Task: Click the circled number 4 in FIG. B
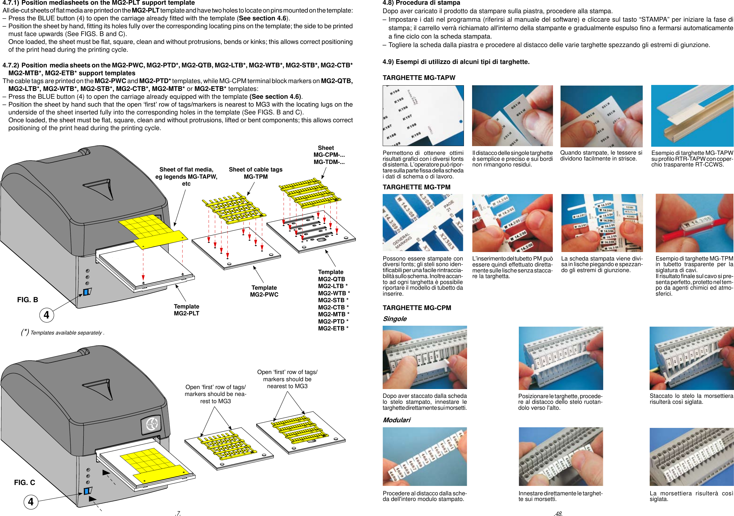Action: point(47,315)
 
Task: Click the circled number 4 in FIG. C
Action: point(31,502)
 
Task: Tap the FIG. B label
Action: point(28,300)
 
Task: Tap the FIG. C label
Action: point(24,482)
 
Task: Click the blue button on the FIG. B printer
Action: point(86,292)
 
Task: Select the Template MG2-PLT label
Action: point(186,310)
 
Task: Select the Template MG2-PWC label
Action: point(264,291)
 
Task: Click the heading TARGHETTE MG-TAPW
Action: point(419,78)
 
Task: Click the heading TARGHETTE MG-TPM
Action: point(416,187)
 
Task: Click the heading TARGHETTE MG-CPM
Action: point(417,308)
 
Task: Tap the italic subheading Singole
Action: point(395,319)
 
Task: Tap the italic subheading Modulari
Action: point(396,420)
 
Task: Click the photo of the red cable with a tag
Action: point(694,223)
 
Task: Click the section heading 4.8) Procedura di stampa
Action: point(421,3)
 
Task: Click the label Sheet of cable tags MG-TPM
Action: point(255,173)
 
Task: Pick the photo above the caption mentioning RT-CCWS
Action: point(692,116)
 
